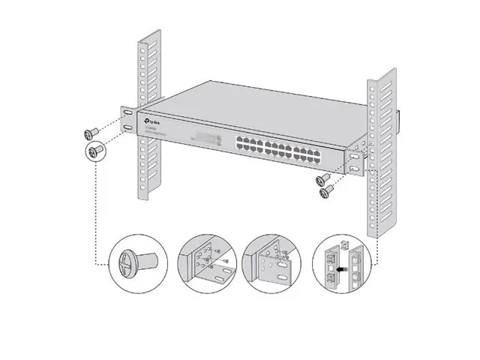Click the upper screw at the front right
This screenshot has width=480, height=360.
[x=322, y=178]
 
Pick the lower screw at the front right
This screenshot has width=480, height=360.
[x=326, y=192]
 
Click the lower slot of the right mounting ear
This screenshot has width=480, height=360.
[x=352, y=171]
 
